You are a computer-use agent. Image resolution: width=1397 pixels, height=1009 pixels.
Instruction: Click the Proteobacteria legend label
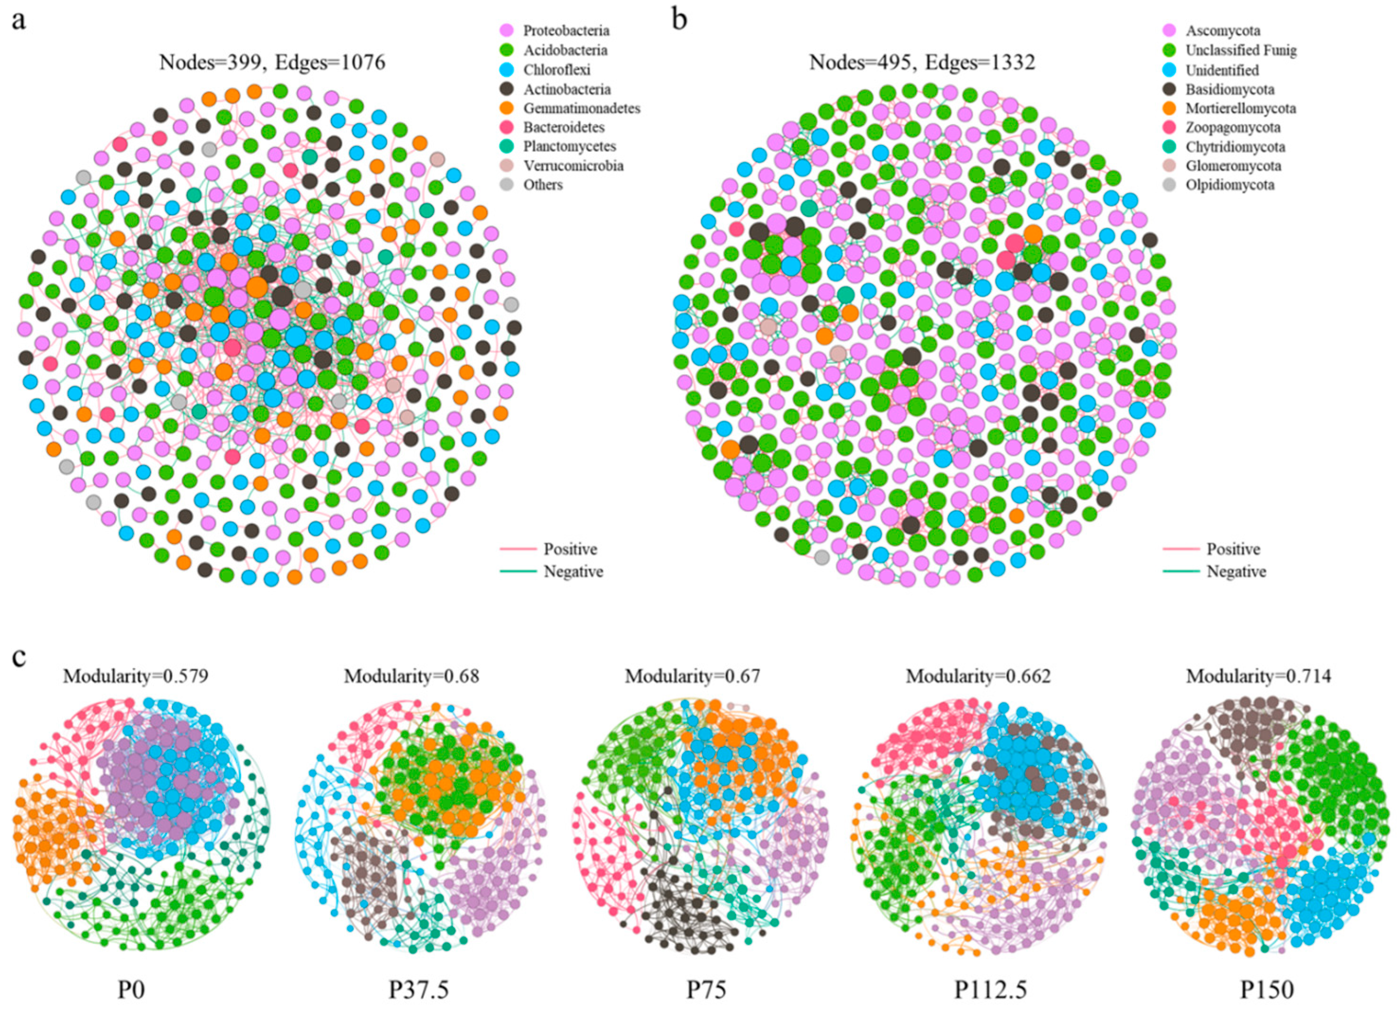pyautogui.click(x=566, y=31)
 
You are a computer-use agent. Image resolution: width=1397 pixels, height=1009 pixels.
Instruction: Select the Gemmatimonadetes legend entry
pyautogui.click(x=581, y=108)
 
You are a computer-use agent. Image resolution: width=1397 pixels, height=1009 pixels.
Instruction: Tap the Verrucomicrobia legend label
pyautogui.click(x=573, y=166)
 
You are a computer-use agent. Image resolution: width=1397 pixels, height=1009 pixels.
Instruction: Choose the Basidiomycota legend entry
pyautogui.click(x=1229, y=90)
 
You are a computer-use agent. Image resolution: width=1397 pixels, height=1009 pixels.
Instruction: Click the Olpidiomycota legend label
pyautogui.click(x=1229, y=185)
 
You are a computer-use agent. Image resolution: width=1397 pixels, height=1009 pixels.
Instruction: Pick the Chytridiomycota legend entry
pyautogui.click(x=1235, y=147)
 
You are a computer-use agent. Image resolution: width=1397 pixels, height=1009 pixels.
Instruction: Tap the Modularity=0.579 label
pyautogui.click(x=135, y=676)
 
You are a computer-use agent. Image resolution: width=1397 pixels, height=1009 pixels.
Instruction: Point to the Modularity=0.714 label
pyautogui.click(x=1258, y=676)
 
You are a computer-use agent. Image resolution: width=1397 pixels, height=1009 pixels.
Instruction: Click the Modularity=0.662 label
pyautogui.click(x=978, y=676)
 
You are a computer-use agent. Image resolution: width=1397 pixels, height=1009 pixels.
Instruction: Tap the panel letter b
pyautogui.click(x=679, y=20)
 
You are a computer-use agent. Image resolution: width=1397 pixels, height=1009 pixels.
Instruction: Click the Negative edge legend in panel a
pyautogui.click(x=573, y=572)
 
